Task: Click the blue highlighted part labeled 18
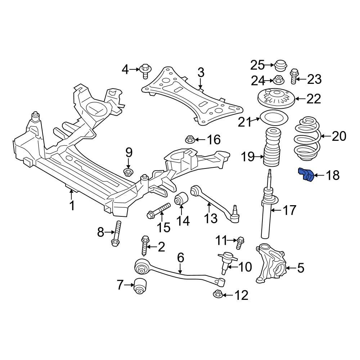click(x=305, y=175)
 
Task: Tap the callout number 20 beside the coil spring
click(x=338, y=136)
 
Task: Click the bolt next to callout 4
click(x=145, y=70)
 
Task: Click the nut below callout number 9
click(x=128, y=172)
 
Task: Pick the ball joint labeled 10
click(x=226, y=261)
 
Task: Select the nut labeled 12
click(x=218, y=294)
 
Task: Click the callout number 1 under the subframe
click(x=72, y=206)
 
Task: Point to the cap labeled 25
click(x=280, y=66)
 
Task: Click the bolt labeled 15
click(x=159, y=211)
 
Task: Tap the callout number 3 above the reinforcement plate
click(x=201, y=73)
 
